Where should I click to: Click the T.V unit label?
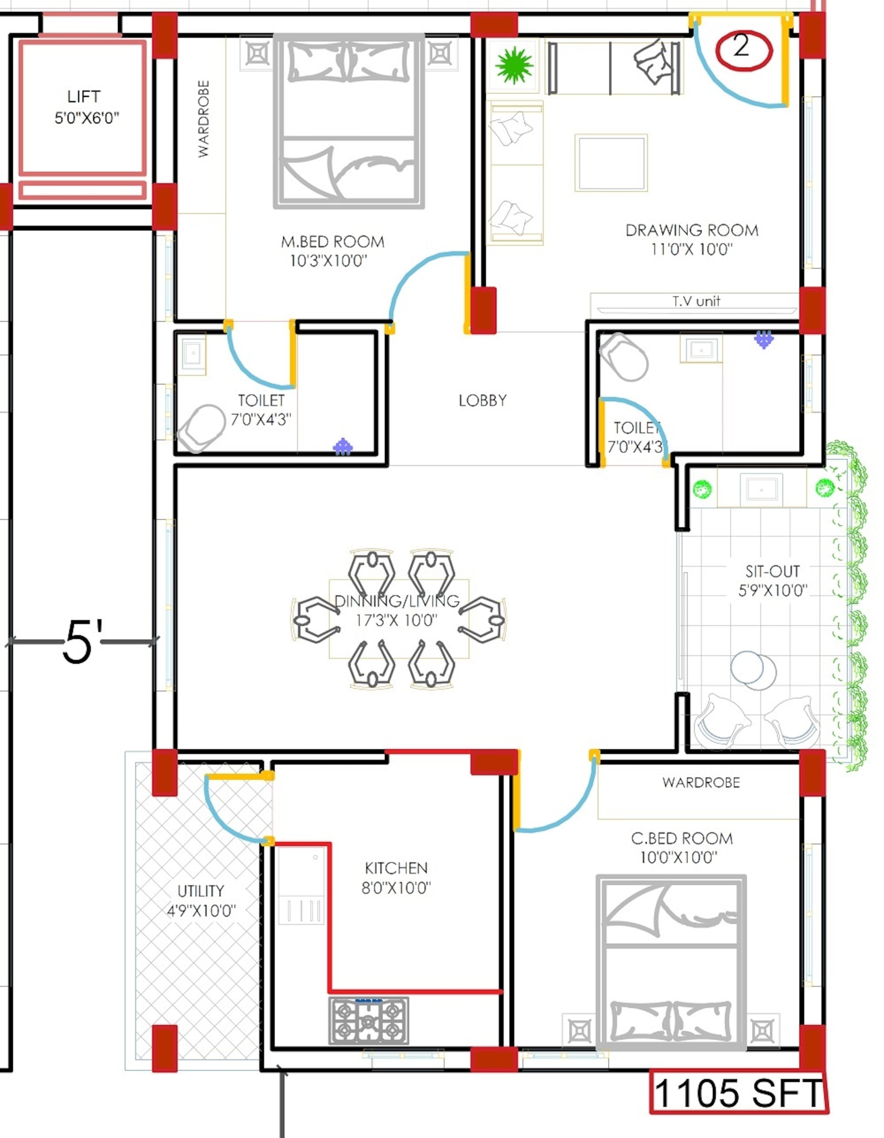(x=696, y=301)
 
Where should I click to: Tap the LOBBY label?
(x=482, y=400)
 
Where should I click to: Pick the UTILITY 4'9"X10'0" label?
(x=201, y=901)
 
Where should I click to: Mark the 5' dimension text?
(x=82, y=641)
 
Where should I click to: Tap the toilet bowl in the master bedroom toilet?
(x=201, y=428)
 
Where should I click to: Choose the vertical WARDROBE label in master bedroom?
(x=204, y=119)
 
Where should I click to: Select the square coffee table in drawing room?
(x=611, y=163)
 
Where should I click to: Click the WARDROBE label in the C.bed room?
(x=701, y=783)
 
